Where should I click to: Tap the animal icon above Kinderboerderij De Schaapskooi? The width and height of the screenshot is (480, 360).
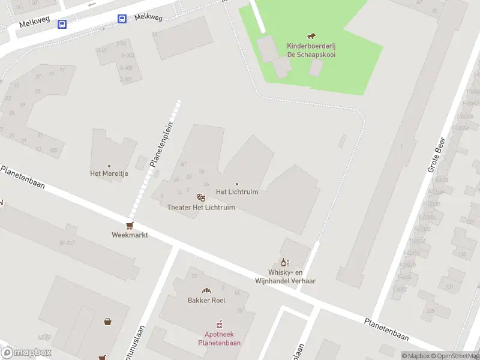click(311, 37)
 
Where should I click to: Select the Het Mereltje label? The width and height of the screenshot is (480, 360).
click(109, 174)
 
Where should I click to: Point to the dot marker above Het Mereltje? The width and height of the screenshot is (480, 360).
click(109, 166)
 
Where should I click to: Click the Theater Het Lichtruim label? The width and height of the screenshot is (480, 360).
click(201, 208)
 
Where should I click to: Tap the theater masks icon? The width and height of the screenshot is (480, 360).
click(201, 197)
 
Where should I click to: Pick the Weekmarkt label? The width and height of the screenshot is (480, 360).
click(130, 235)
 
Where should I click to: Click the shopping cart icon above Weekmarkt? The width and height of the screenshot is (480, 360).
click(130, 226)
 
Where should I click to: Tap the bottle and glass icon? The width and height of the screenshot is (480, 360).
click(285, 262)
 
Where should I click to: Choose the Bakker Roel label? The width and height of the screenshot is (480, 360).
click(206, 300)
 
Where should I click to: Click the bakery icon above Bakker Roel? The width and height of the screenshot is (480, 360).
click(206, 290)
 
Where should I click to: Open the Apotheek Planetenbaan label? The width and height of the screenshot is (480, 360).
click(219, 339)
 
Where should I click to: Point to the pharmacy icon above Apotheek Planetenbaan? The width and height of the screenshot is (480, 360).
click(219, 325)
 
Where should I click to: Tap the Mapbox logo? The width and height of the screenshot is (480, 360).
click(26, 353)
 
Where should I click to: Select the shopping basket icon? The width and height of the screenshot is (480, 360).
click(108, 321)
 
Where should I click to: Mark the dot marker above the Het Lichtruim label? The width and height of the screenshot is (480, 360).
click(237, 184)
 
